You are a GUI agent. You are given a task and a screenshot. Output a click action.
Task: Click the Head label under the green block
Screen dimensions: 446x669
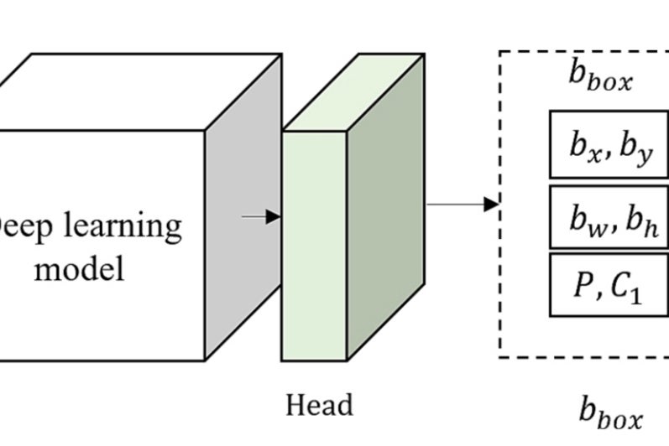(319, 406)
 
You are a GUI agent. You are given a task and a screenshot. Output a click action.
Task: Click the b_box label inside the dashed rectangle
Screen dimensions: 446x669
(600, 77)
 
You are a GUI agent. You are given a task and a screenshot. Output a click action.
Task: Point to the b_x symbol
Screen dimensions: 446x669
(586, 146)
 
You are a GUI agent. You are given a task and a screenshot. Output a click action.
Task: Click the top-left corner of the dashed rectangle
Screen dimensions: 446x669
(500, 52)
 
